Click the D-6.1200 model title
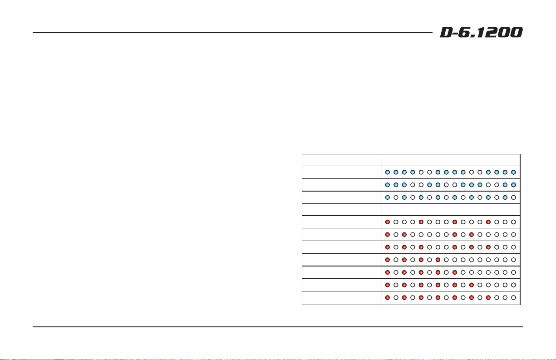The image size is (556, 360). point(481,33)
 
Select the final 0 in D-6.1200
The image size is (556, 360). point(517,33)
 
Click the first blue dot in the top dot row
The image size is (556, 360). point(388,173)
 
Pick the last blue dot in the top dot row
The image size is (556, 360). point(513,173)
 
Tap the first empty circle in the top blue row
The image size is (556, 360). point(421,173)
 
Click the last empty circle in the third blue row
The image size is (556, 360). point(513,197)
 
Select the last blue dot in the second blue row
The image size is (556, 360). point(513,185)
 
